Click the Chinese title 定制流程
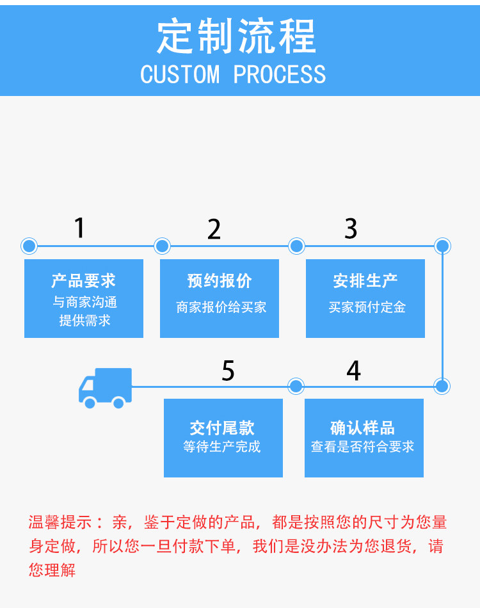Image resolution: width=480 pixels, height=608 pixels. (x=237, y=37)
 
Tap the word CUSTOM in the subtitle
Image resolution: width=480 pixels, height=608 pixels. (x=180, y=75)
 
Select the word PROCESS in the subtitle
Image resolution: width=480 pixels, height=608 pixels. (x=280, y=75)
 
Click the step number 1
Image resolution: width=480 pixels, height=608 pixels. (x=79, y=228)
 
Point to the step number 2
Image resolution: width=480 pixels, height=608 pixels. (x=214, y=229)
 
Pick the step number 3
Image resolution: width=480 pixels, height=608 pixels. (x=351, y=228)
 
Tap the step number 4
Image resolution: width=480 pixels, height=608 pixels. (x=353, y=371)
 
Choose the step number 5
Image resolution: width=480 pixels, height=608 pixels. (x=228, y=371)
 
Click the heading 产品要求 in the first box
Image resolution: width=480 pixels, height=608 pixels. (x=84, y=281)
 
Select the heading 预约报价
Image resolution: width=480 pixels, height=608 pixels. (x=220, y=281)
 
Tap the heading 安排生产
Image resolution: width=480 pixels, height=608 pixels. (x=365, y=281)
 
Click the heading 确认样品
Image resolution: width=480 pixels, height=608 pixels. (x=363, y=428)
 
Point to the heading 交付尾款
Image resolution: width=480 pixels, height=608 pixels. (x=222, y=428)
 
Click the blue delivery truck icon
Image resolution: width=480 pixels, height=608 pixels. (x=105, y=387)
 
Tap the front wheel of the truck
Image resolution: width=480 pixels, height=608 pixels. (x=90, y=403)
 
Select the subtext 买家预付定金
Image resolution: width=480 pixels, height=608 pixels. (x=367, y=308)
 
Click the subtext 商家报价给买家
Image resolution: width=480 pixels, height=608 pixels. (x=221, y=308)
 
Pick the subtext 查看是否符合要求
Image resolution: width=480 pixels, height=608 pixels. (x=363, y=447)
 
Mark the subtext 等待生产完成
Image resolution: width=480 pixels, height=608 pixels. (x=222, y=447)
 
